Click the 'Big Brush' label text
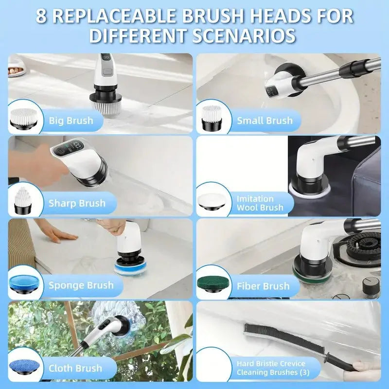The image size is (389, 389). (71, 121)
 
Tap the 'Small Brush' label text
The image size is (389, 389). (265, 121)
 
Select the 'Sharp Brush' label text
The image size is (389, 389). (77, 203)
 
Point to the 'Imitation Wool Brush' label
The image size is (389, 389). (260, 203)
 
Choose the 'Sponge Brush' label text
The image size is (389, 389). (81, 285)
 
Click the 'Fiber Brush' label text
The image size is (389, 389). (263, 286)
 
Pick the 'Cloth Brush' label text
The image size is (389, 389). (75, 369)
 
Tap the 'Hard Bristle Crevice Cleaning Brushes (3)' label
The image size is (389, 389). (273, 368)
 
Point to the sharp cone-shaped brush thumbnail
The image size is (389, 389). (23, 200)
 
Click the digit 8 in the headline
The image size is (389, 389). (41, 17)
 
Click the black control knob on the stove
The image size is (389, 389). (371, 287)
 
